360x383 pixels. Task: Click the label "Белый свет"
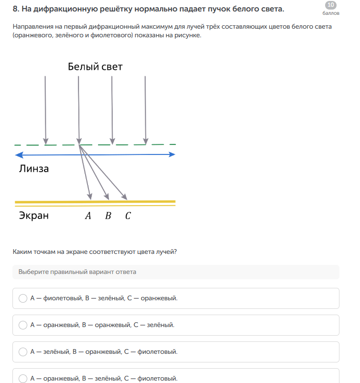pos(95,66)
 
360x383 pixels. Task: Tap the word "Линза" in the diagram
pos(34,168)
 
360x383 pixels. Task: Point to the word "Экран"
pos(34,216)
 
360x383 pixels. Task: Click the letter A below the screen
pos(88,216)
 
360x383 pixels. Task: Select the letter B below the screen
pos(108,216)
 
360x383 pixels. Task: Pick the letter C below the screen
pos(128,216)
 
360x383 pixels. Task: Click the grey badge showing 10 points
pos(330,5)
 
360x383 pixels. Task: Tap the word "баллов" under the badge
pos(330,13)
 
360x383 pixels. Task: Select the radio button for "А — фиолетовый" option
pos(22,298)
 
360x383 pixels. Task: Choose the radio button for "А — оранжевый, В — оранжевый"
pos(22,325)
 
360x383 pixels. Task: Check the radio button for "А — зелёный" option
pos(22,352)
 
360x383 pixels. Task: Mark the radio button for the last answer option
pos(22,378)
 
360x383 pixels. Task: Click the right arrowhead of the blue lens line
pos(173,154)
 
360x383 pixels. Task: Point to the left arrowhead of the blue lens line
pos(18,155)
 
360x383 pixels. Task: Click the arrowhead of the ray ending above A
pos(89,196)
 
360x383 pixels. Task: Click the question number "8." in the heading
pos(16,9)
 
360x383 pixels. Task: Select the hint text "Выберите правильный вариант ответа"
pos(77,272)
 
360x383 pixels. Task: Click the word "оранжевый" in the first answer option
pos(159,298)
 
